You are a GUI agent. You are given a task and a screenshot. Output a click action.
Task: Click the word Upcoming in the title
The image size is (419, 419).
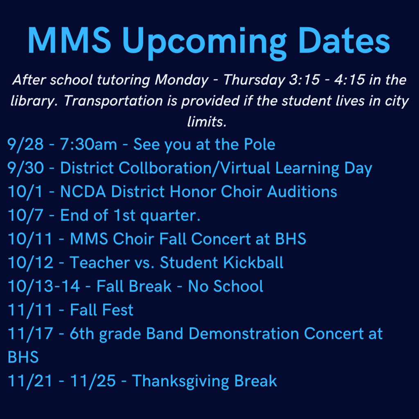click(x=204, y=42)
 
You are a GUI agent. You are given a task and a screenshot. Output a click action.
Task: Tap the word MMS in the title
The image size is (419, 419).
click(x=69, y=40)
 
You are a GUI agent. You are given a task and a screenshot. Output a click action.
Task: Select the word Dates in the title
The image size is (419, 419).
click(x=344, y=40)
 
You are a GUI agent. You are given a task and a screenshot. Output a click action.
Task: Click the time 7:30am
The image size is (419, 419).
click(x=88, y=144)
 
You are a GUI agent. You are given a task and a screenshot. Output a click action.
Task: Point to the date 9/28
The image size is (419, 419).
click(x=26, y=145)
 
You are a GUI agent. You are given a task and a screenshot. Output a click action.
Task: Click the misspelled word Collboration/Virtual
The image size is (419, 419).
click(x=194, y=168)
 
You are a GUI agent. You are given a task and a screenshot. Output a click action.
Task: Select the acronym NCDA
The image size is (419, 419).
click(x=83, y=192)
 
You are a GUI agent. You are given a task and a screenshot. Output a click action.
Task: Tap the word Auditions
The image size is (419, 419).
click(x=302, y=192)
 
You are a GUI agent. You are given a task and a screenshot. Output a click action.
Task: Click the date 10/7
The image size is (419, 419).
click(x=26, y=216)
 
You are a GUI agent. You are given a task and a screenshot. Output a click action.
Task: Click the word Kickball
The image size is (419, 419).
click(x=253, y=262)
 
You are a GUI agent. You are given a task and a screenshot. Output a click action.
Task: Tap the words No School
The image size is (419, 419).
click(x=226, y=286)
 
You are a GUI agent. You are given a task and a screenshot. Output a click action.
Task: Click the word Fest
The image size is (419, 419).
click(x=118, y=310)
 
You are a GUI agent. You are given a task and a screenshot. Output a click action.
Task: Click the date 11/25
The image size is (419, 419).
click(x=93, y=381)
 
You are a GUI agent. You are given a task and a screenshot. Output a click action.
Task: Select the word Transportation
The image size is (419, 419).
click(x=113, y=101)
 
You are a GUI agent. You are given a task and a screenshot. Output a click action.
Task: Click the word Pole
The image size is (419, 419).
click(x=259, y=144)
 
